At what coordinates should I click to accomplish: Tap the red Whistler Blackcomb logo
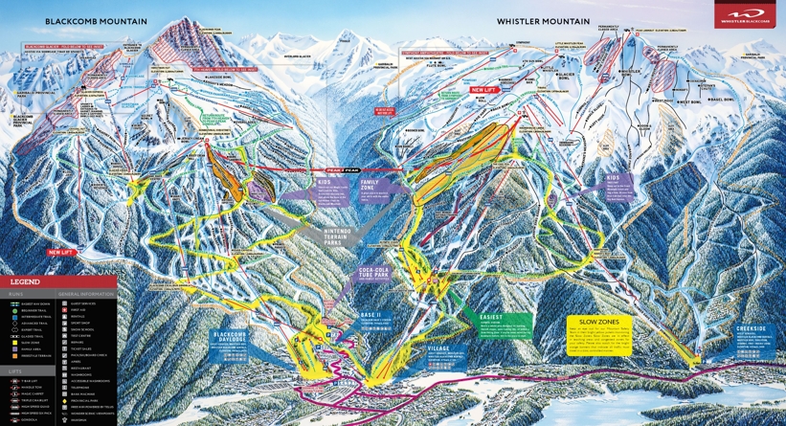(x=745, y=15)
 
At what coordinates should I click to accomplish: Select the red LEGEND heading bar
(x=57, y=282)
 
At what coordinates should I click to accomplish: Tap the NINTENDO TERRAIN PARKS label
(x=337, y=236)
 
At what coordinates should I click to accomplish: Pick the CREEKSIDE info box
(x=752, y=335)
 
